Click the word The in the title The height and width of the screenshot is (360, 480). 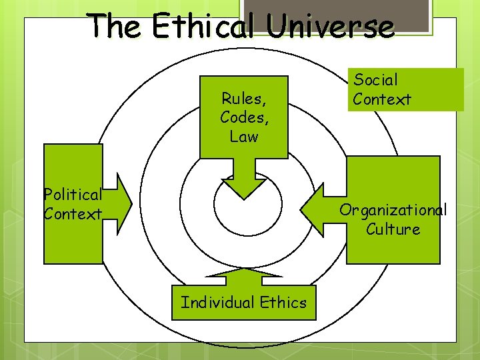click(116, 26)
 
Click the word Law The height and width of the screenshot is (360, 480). click(243, 136)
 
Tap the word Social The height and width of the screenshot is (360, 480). click(375, 80)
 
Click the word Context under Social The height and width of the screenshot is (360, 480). click(382, 99)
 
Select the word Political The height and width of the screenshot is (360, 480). click(73, 195)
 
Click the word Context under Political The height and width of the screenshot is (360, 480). click(73, 214)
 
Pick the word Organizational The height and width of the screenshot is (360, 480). click(393, 210)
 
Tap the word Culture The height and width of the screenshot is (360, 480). click(393, 229)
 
